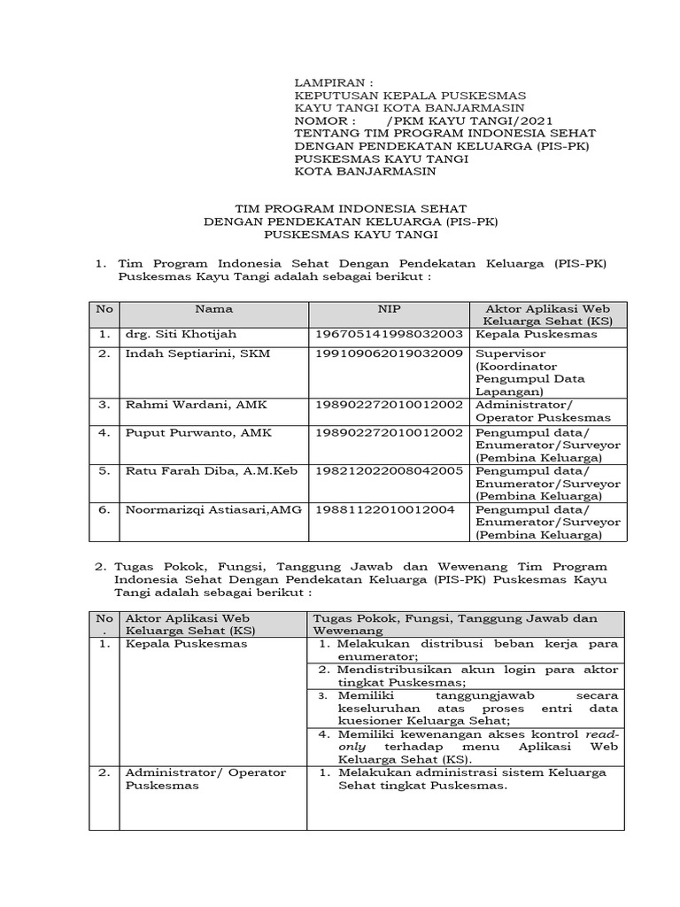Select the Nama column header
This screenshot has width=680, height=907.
tap(214, 309)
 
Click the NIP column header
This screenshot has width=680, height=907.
tap(389, 309)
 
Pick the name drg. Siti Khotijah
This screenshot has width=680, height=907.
tap(181, 335)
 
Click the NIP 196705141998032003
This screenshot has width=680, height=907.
tap(389, 335)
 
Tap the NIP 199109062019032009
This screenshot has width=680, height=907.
tap(389, 353)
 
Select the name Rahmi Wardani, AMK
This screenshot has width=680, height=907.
tap(183, 405)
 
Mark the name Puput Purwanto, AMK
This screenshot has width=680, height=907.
tap(185, 433)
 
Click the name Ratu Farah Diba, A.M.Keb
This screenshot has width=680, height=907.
tap(199, 470)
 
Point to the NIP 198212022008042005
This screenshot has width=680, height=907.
tap(389, 470)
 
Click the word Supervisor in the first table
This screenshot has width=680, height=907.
tap(507, 353)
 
